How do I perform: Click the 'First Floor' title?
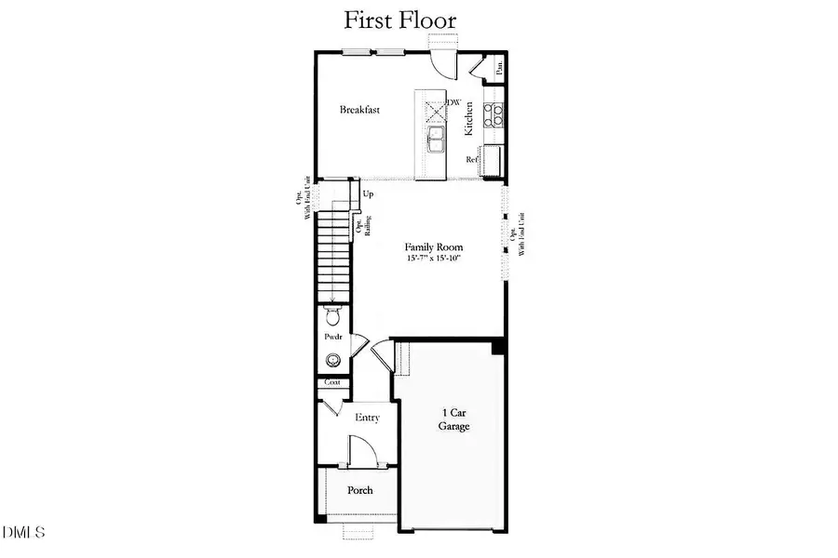400,20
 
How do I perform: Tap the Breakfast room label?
359,110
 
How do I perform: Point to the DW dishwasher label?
454,102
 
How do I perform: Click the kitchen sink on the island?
436,140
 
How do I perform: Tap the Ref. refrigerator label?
472,159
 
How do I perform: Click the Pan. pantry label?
500,67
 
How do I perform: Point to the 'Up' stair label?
368,194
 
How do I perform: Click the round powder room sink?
333,360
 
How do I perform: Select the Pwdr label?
332,338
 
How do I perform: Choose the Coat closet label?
332,382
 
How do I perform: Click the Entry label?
368,418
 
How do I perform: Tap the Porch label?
360,490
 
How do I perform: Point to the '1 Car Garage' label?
453,419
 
